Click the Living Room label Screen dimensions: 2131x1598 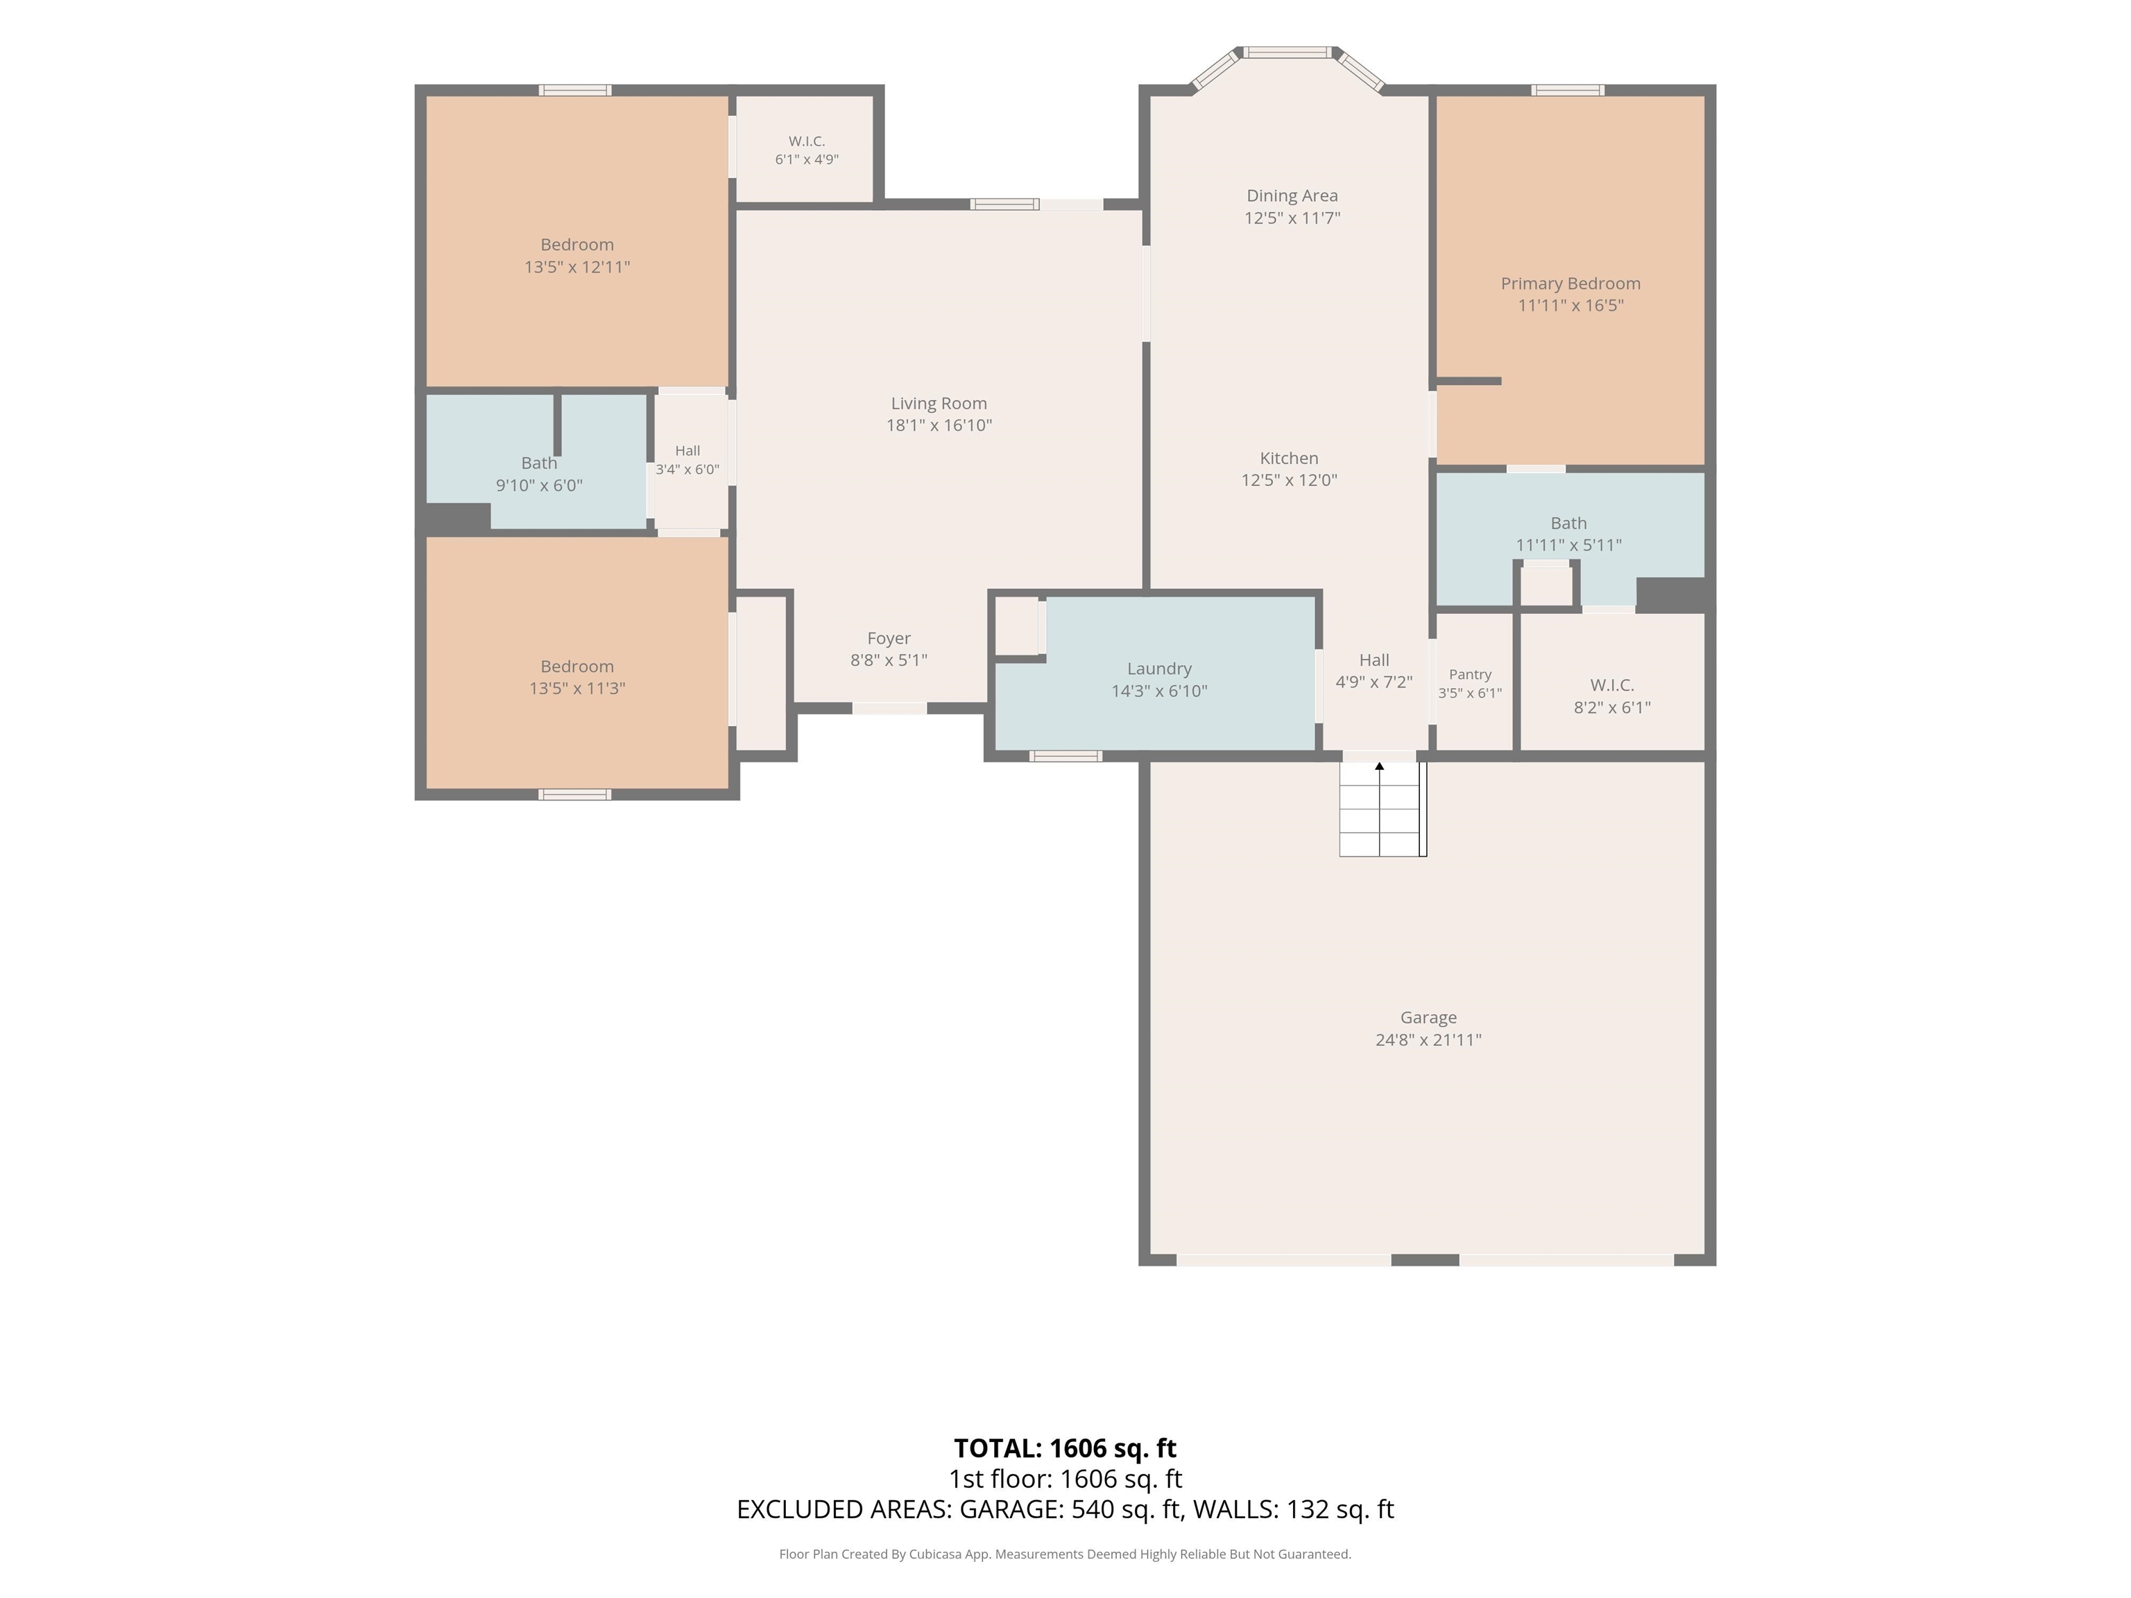tap(939, 404)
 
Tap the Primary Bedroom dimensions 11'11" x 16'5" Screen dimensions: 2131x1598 tap(1571, 305)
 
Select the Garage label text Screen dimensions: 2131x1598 tap(1428, 1017)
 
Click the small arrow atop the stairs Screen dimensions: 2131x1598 tap(1380, 766)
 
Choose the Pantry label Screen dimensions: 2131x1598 tap(1470, 674)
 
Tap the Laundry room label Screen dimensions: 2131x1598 tap(1159, 669)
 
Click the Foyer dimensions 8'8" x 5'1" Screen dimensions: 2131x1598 tap(888, 660)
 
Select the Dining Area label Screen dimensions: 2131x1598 tap(1292, 196)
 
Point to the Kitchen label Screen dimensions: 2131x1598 tap(1289, 458)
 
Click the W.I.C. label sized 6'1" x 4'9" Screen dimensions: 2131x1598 tap(806, 141)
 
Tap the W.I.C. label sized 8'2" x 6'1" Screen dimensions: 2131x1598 tap(1611, 685)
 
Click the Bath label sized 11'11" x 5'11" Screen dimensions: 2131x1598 tap(1568, 523)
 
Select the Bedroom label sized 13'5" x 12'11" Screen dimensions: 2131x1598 tap(577, 245)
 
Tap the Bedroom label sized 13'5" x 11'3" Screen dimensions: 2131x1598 tap(577, 667)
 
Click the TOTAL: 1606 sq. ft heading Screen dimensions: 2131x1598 tap(1065, 1449)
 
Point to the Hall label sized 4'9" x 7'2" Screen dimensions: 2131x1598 tap(1373, 660)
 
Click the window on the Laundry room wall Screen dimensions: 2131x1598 tap(1065, 756)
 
